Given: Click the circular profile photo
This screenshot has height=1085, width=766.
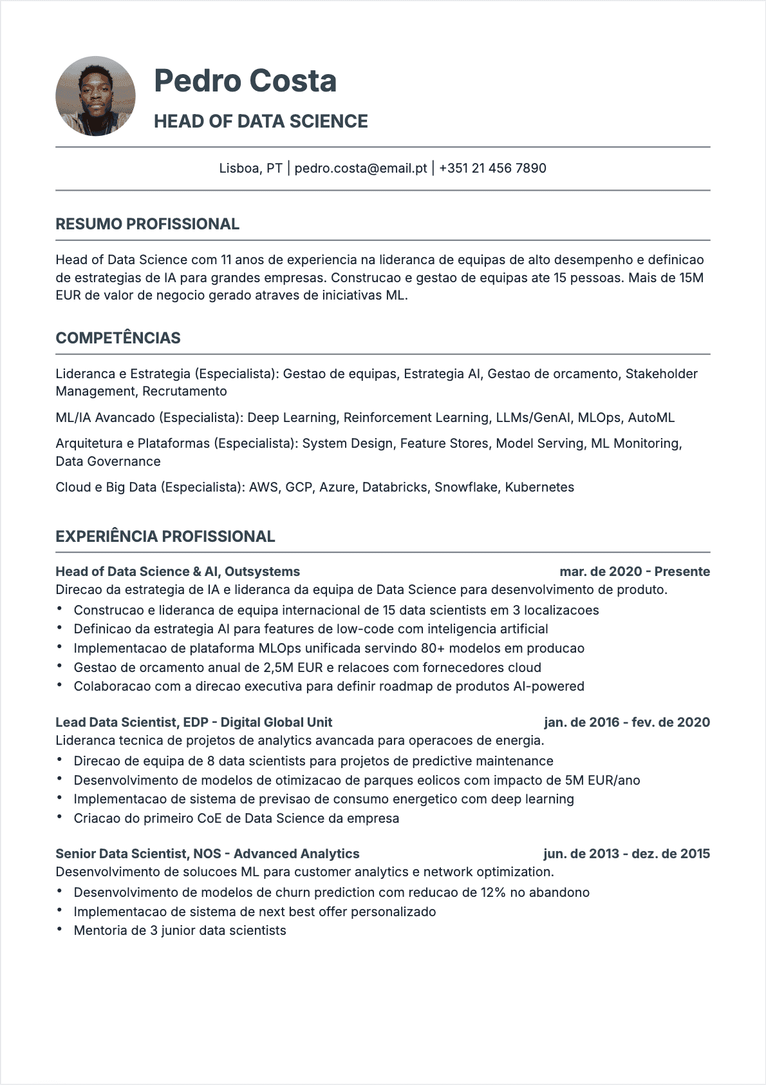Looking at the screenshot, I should (x=95, y=96).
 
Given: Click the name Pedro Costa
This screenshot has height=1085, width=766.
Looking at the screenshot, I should (x=245, y=81).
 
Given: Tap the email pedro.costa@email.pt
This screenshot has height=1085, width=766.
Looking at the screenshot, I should (x=360, y=168).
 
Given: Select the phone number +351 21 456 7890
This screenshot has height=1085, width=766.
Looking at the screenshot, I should (x=492, y=168).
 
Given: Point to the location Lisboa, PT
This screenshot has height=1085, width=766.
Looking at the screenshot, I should (x=250, y=168).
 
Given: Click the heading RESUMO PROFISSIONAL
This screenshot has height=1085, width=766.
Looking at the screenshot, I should (x=147, y=224).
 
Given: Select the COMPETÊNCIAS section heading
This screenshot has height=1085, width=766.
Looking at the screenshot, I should (x=118, y=338).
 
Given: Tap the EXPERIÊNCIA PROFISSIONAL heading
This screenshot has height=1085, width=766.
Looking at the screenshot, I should (x=165, y=537).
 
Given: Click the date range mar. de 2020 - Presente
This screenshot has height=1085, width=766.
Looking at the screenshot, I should (x=635, y=571).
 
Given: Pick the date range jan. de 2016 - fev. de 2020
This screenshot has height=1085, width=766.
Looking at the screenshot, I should (x=627, y=722).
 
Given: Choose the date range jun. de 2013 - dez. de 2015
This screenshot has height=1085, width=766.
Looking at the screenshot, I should (x=626, y=854).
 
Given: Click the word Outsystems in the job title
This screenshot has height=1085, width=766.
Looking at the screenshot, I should (x=262, y=571).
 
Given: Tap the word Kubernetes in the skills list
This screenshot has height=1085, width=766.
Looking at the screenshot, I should (x=539, y=487).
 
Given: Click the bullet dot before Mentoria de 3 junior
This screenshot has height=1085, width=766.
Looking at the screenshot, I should (x=59, y=930).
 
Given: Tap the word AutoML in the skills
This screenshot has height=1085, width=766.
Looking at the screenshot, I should (x=651, y=418).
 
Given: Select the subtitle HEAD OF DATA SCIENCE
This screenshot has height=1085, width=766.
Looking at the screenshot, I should (x=261, y=121).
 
